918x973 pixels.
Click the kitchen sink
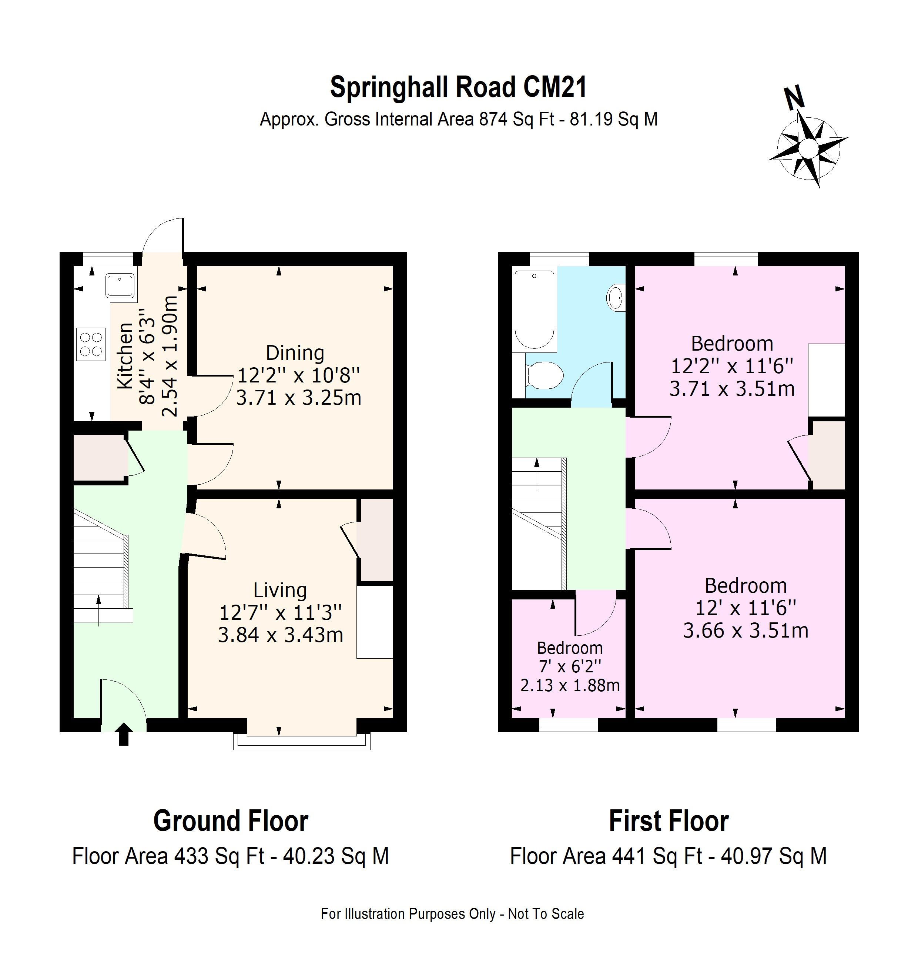click(x=120, y=286)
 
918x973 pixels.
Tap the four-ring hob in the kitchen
click(x=91, y=344)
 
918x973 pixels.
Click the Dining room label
click(x=295, y=353)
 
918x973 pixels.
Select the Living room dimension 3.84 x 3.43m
click(x=280, y=635)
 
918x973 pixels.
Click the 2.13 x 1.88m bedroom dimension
click(x=570, y=685)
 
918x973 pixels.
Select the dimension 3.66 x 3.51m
click(x=745, y=631)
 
